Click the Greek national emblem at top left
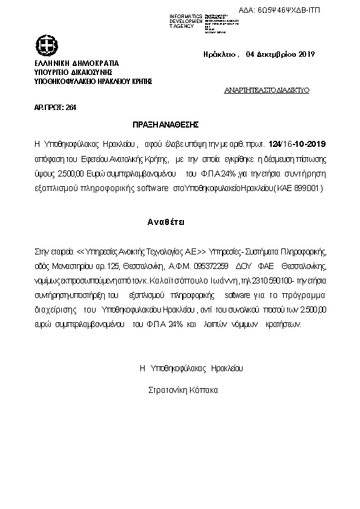pyautogui.click(x=46, y=45)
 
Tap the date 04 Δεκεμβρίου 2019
pyautogui.click(x=280, y=54)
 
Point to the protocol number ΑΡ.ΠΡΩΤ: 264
pyautogui.click(x=55, y=107)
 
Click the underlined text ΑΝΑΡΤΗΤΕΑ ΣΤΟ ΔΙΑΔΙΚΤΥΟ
pyautogui.click(x=266, y=89)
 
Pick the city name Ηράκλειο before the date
pyautogui.click(x=220, y=54)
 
